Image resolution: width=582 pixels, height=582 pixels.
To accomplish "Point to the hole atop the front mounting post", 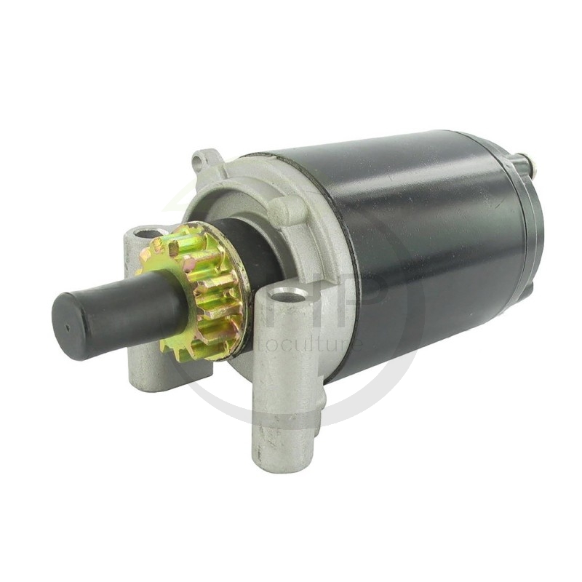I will point(290,295).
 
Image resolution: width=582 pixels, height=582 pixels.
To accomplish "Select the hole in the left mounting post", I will point(150,234).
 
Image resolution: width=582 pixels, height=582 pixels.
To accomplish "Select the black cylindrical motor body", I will point(429,240).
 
